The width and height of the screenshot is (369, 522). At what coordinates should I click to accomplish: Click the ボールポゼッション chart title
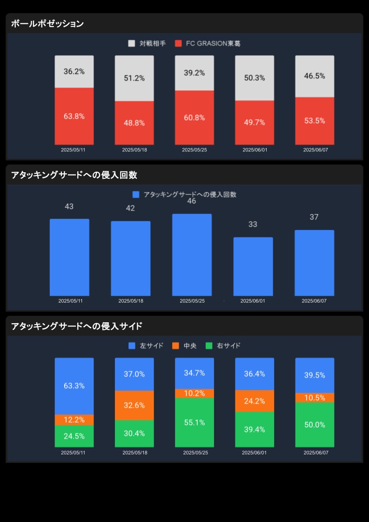(x=47, y=24)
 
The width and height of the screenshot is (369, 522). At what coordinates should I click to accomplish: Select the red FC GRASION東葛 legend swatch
(x=178, y=43)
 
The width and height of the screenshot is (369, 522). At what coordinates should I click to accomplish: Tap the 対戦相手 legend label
(x=153, y=43)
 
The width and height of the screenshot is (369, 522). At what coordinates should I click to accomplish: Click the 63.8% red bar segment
(x=74, y=116)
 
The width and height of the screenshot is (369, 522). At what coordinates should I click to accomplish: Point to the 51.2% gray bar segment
(x=134, y=78)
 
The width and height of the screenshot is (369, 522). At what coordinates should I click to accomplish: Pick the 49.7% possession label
(x=255, y=122)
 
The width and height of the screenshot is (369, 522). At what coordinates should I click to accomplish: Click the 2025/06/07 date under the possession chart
(x=315, y=150)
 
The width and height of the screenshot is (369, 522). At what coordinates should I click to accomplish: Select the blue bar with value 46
(x=192, y=255)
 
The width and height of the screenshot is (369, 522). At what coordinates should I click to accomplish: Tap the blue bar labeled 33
(x=253, y=266)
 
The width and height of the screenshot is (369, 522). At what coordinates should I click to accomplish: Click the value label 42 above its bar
(x=130, y=208)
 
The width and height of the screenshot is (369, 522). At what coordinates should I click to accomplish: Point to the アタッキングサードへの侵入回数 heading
(x=74, y=175)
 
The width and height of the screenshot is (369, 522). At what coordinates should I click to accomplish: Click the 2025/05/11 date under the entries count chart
(x=70, y=301)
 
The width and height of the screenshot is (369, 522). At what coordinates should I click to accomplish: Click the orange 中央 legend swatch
(x=175, y=346)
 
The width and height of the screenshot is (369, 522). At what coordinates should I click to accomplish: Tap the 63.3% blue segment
(x=74, y=386)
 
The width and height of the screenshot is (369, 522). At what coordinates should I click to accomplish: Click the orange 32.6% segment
(x=134, y=405)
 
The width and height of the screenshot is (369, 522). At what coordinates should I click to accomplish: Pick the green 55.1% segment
(x=194, y=422)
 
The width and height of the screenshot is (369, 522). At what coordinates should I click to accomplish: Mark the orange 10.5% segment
(x=315, y=398)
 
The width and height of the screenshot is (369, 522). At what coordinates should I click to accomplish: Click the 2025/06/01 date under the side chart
(x=254, y=453)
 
